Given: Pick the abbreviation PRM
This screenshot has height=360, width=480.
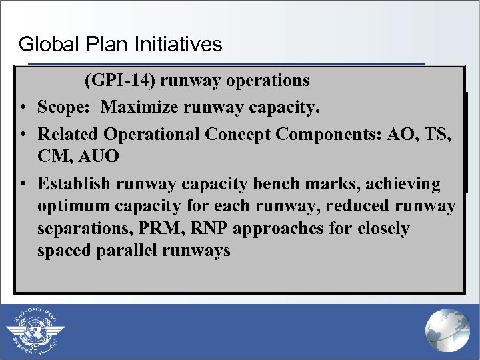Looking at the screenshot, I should pos(152,229).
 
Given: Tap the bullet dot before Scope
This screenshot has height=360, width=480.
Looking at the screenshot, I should pos(23,107).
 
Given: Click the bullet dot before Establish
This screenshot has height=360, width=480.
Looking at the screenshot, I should pos(23,184).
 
